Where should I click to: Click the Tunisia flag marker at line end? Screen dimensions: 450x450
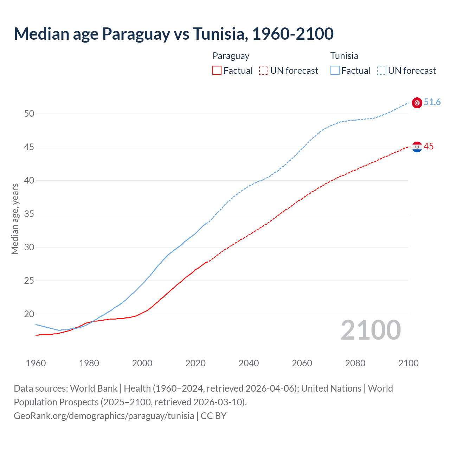coord(417,103)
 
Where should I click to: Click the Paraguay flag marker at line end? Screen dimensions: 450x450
coord(417,147)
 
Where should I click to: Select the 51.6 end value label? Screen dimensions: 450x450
coord(432,102)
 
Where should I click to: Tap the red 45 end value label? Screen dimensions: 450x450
coord(429,147)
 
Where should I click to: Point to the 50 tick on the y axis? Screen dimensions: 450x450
coord(29,114)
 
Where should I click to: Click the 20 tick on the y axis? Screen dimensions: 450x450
coord(29,314)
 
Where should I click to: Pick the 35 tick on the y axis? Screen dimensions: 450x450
coord(29,214)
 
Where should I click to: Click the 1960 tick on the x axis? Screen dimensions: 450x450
coord(36,363)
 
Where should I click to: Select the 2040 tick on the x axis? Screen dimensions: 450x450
coord(249,363)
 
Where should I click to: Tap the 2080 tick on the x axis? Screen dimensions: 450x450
coord(355,363)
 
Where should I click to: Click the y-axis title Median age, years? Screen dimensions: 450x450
coord(15,219)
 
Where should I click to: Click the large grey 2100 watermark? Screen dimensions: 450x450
coord(371,330)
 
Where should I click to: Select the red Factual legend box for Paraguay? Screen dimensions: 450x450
coord(217,71)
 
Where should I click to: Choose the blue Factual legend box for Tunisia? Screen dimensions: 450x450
coord(335,71)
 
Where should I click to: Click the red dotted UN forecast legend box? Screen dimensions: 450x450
coord(264,71)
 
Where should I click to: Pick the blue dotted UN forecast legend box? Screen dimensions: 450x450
coord(382,71)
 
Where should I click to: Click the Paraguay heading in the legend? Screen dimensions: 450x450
coord(231,56)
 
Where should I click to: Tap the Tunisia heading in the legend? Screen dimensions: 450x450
coord(344,56)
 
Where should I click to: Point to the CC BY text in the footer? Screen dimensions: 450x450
coord(214,416)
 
